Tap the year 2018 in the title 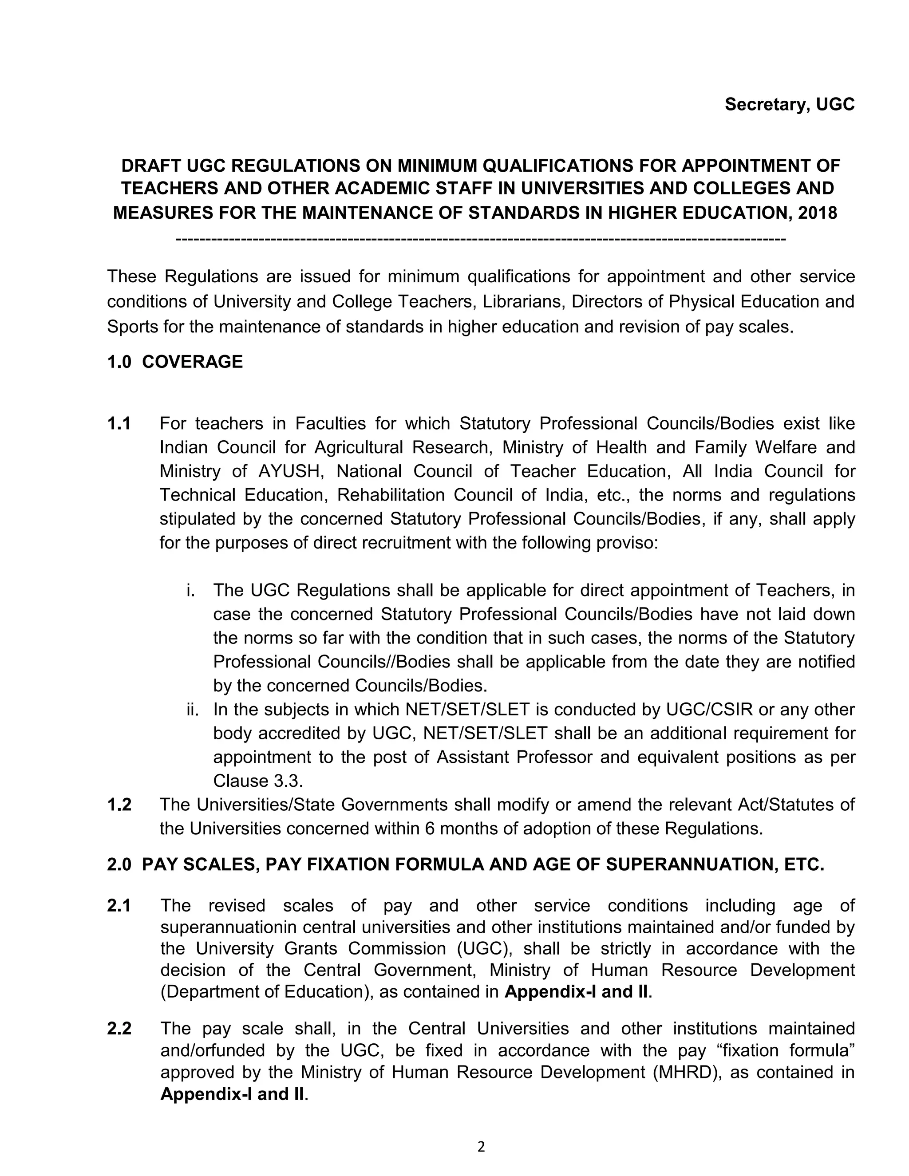pyautogui.click(x=817, y=213)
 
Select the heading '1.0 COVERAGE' pyautogui.click(x=174, y=362)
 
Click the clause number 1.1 pyautogui.click(x=119, y=424)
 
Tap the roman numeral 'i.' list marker pyautogui.click(x=190, y=591)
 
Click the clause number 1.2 pyautogui.click(x=119, y=805)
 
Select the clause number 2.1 pyautogui.click(x=119, y=906)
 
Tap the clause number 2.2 pyautogui.click(x=119, y=1029)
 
